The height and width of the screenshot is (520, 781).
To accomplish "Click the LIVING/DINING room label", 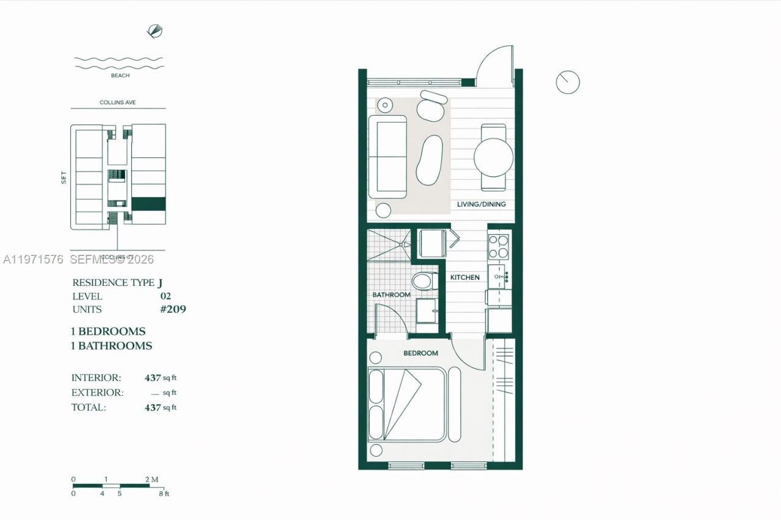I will [481, 204].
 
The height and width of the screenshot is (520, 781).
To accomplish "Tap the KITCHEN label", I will [465, 277].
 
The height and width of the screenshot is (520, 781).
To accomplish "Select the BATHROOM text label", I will [391, 295].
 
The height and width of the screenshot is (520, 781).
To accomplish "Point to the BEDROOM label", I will [420, 353].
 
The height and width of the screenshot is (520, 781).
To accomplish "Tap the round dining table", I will [493, 157].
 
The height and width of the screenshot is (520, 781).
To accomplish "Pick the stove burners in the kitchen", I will [499, 246].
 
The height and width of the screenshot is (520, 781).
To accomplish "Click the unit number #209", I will [173, 309].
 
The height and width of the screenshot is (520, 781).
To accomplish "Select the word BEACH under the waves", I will [120, 76].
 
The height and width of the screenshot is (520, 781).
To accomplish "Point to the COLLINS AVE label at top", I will [118, 102].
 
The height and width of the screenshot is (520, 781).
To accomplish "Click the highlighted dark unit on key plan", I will [149, 204].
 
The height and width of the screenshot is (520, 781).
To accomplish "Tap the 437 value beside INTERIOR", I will [153, 378].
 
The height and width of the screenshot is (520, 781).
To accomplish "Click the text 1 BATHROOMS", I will [112, 346].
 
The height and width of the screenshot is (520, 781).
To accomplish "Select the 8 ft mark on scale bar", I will [164, 493].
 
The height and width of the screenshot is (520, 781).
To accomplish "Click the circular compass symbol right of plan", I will [567, 82].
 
